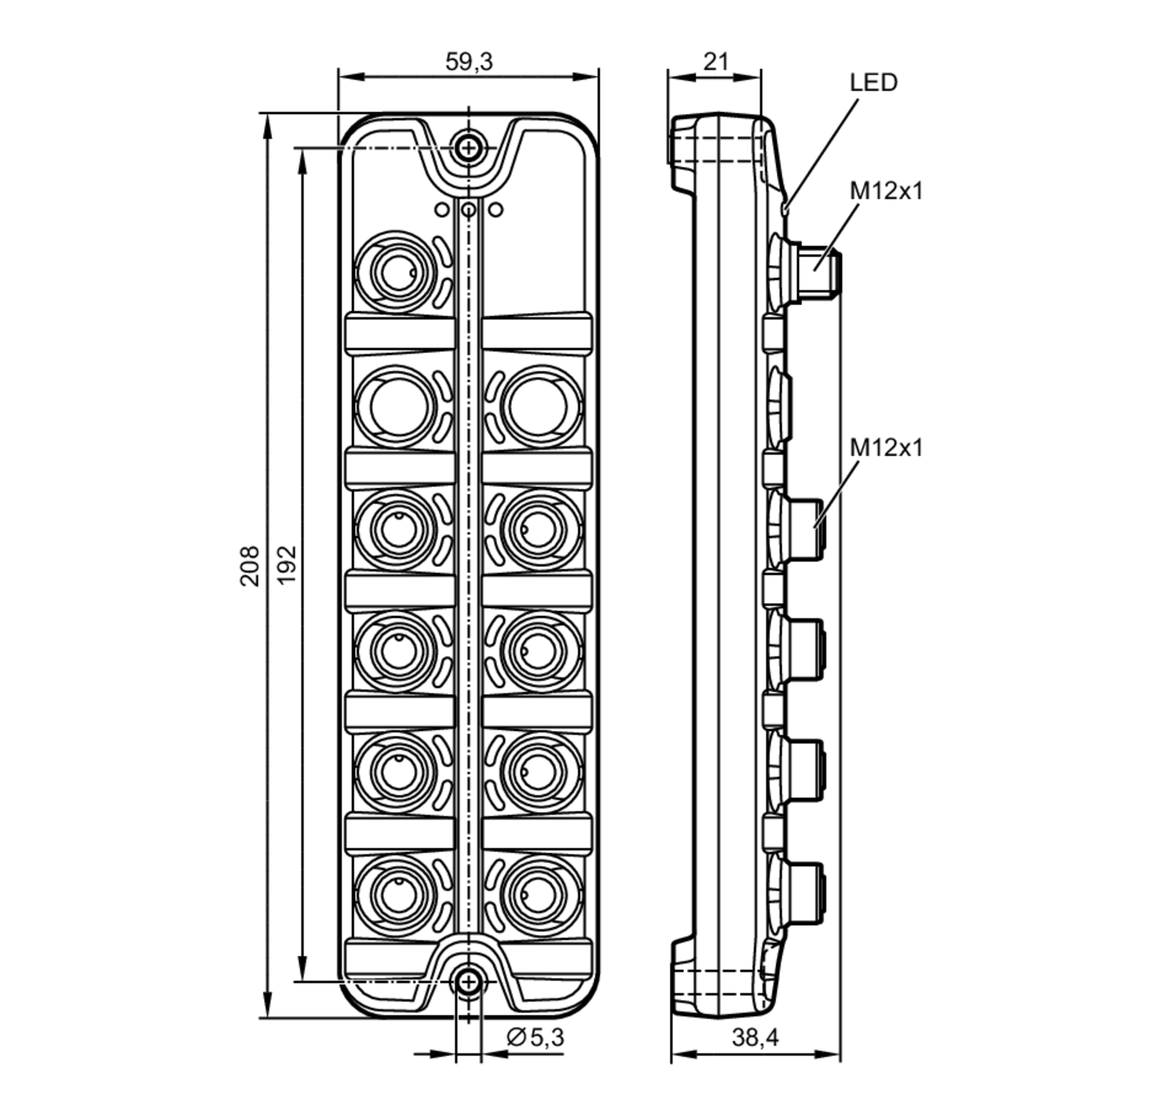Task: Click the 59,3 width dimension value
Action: coord(468,62)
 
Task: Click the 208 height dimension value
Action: coord(249,566)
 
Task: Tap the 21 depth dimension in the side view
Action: coord(715,62)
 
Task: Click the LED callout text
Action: coord(873,83)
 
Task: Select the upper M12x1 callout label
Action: coord(886,191)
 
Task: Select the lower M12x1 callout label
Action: coord(886,448)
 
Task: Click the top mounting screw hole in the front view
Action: coord(468,148)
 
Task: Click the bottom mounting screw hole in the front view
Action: coord(468,983)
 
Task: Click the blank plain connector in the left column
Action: coord(397,407)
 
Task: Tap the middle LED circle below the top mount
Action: coord(468,210)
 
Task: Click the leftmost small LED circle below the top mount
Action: coord(442,210)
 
